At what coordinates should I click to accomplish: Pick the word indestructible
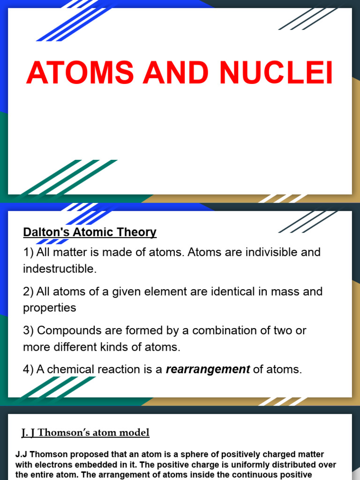pos(59,269)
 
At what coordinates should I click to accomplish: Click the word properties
pos(49,307)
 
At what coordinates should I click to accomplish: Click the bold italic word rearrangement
pos(208,369)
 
